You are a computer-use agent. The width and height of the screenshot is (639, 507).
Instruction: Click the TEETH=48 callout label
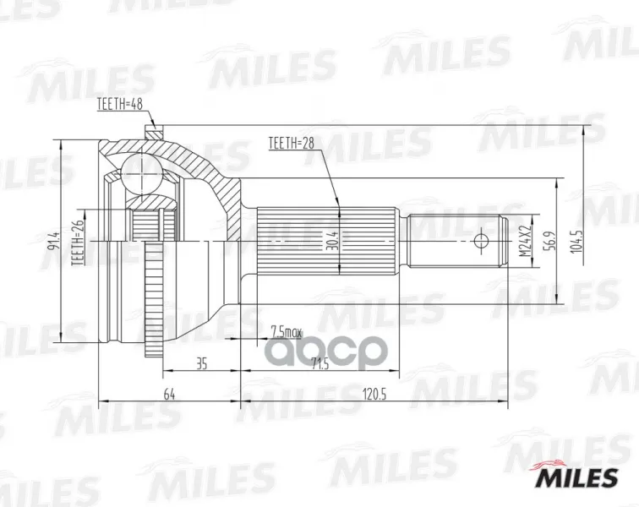[x=119, y=104]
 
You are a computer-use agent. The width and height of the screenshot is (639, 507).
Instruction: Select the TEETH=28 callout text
[x=291, y=144]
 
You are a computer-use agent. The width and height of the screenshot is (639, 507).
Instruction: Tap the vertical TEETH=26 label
[x=78, y=243]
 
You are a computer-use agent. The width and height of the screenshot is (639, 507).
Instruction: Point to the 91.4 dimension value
[x=53, y=242]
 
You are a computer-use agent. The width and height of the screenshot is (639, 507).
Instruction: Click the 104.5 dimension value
[x=576, y=242]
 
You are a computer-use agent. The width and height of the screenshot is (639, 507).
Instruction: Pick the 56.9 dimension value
[x=547, y=242]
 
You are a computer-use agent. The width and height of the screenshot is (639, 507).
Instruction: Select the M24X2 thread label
[x=527, y=241]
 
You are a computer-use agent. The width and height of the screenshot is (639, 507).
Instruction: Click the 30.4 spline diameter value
[x=333, y=242]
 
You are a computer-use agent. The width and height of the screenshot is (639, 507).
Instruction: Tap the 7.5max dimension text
[x=286, y=333]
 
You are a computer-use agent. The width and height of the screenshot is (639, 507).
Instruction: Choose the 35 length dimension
[x=202, y=363]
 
